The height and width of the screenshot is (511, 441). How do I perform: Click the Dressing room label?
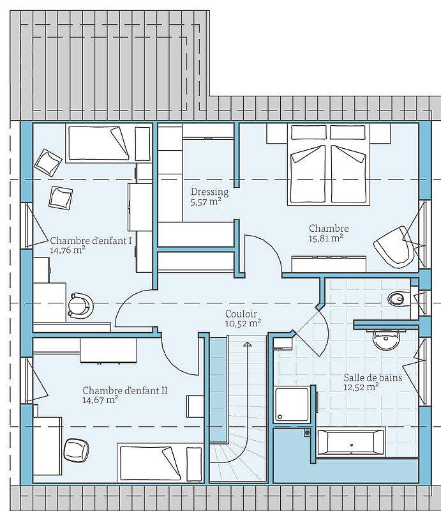click(x=209, y=192)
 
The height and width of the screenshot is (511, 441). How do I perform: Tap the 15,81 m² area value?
click(x=325, y=238)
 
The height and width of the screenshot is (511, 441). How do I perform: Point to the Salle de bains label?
click(x=373, y=378)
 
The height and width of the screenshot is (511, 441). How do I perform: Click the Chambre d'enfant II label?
click(x=125, y=390)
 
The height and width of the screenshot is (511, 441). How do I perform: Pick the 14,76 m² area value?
click(x=68, y=250)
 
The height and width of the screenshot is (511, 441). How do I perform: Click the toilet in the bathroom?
click(x=397, y=298)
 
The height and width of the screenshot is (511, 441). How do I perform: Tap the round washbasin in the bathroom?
click(x=386, y=340)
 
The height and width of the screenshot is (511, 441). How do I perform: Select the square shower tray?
click(x=291, y=404)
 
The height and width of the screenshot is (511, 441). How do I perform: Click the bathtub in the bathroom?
click(x=351, y=442)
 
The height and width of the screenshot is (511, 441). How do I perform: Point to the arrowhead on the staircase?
click(x=248, y=344)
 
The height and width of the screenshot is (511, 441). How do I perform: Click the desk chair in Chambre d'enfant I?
click(x=80, y=305)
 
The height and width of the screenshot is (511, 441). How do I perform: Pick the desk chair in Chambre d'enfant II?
click(x=76, y=450)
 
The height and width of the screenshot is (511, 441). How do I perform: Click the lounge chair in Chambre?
click(x=394, y=247)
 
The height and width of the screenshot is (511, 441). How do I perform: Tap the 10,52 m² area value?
click(x=243, y=323)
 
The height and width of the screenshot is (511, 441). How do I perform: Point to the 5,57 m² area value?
click(x=206, y=202)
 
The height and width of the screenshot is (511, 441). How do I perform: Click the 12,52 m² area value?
click(x=361, y=387)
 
